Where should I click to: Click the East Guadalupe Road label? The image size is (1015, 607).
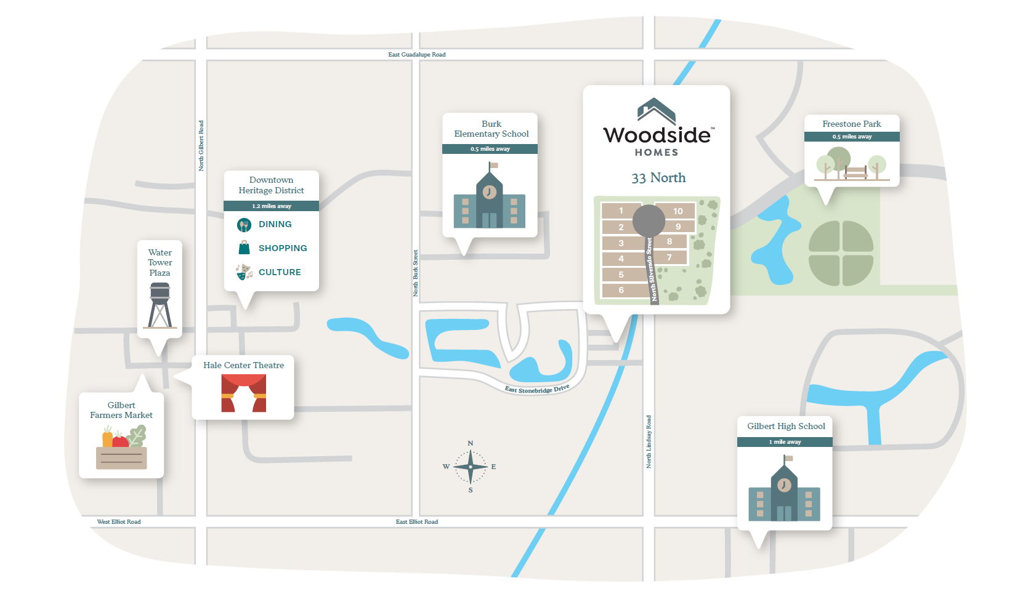(416, 55)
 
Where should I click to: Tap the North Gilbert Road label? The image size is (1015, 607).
(201, 146)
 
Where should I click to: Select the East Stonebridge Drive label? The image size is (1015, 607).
(537, 389)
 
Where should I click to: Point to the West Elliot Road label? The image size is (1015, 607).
(119, 522)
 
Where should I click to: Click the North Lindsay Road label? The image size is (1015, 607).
(649, 442)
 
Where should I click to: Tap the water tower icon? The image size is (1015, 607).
(160, 305)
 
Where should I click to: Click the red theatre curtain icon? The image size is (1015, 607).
(244, 393)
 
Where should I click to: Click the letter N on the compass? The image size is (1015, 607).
(471, 443)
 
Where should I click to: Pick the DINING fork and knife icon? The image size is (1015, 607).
(244, 225)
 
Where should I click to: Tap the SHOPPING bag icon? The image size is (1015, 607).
(245, 248)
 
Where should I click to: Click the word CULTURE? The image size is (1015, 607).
(280, 272)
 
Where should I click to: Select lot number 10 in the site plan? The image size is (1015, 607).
(677, 211)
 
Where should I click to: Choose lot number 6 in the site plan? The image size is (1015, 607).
(621, 290)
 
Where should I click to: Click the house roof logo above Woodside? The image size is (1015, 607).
(657, 111)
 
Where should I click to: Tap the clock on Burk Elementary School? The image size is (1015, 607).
(490, 191)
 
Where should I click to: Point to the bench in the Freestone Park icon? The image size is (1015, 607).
(855, 172)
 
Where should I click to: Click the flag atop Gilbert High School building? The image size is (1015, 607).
(788, 458)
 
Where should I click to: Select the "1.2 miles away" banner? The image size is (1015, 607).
(271, 206)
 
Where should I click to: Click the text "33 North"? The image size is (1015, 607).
(658, 178)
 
